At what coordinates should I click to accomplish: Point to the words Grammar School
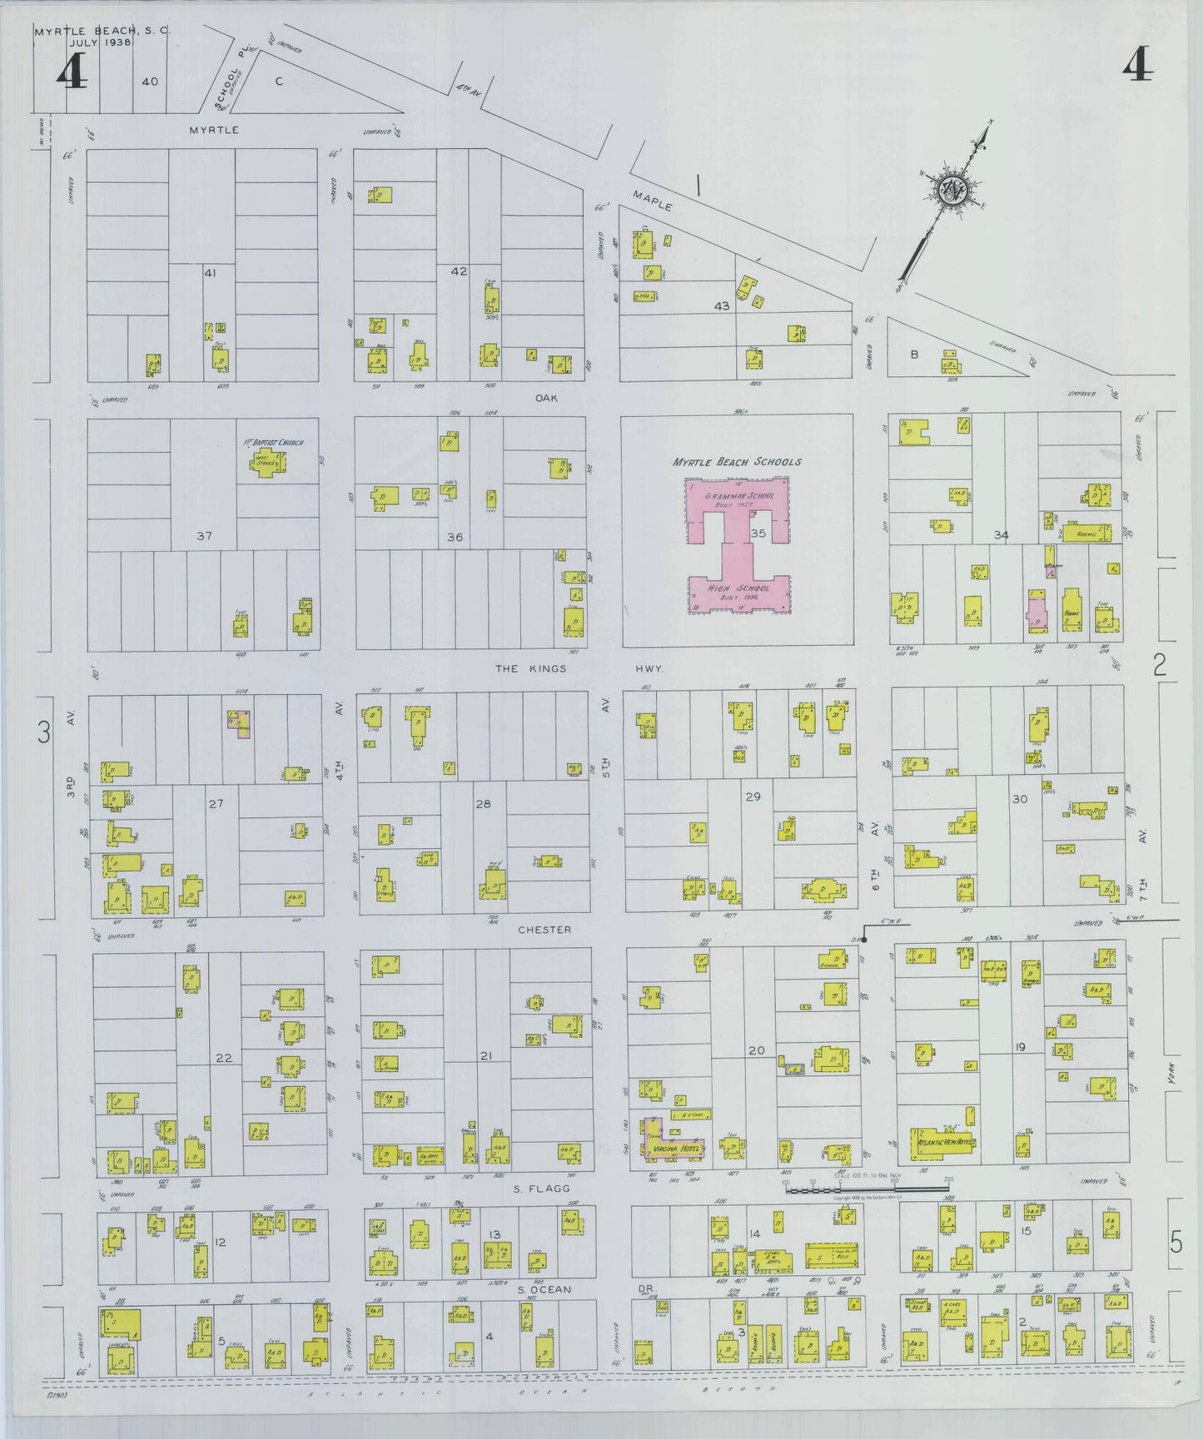point(739,496)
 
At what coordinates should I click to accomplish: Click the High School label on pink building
point(739,588)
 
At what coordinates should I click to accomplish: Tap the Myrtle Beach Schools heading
point(737,462)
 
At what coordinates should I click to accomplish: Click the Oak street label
point(547,398)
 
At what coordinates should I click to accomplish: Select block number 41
point(210,272)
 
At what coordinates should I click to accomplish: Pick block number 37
point(205,536)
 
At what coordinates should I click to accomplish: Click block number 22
point(224,1058)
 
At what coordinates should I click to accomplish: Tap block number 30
point(1019,799)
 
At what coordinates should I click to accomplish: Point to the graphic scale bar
point(866,1190)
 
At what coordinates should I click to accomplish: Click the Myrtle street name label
point(213,130)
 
